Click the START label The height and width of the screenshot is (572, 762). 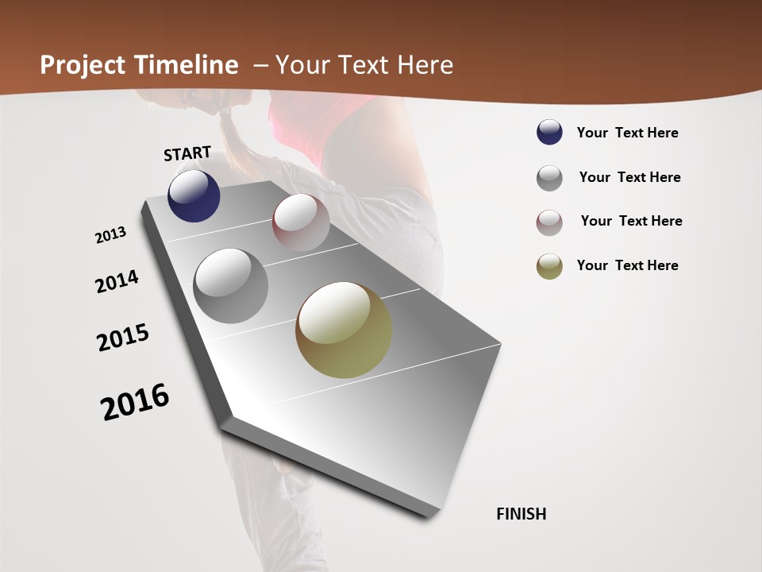[187, 153]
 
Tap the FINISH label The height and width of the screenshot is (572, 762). [521, 514]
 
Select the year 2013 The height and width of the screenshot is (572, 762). [110, 235]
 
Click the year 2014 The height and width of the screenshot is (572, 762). [117, 281]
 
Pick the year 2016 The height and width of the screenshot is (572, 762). [135, 402]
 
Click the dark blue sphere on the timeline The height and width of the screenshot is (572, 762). [194, 196]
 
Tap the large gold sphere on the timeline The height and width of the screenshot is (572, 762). [344, 330]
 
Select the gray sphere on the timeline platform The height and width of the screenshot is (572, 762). [230, 286]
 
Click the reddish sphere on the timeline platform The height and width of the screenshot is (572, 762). [301, 222]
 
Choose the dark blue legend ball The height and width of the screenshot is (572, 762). [549, 133]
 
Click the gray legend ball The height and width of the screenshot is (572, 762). [549, 178]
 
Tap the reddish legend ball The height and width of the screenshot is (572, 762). [549, 222]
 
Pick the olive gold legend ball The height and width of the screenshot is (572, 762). [549, 266]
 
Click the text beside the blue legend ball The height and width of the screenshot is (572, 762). [627, 133]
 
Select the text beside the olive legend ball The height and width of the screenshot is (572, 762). [627, 265]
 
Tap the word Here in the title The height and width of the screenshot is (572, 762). [425, 65]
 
